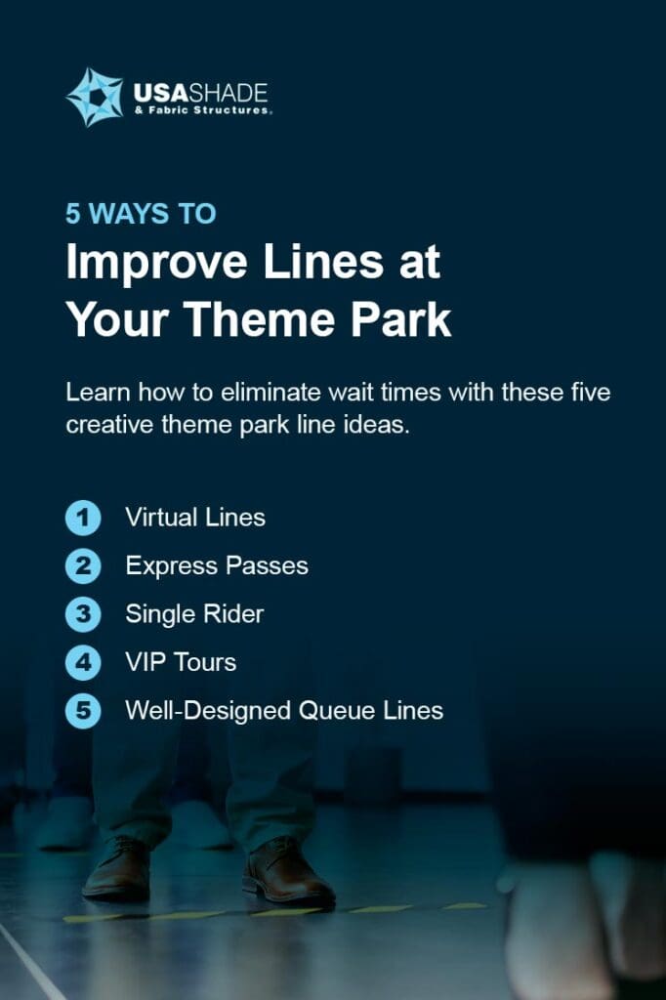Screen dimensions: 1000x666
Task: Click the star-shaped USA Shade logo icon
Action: point(95,97)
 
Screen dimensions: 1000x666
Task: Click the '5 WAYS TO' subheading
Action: point(141,214)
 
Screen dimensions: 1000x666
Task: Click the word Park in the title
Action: point(401,321)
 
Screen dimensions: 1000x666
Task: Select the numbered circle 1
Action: point(83,518)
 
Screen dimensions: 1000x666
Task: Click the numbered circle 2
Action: point(83,566)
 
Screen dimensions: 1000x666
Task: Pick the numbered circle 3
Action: point(83,614)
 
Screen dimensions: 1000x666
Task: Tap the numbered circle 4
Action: point(83,663)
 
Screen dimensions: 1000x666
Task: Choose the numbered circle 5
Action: point(83,712)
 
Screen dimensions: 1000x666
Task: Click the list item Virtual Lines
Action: point(195,518)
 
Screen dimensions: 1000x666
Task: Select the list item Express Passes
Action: point(217,566)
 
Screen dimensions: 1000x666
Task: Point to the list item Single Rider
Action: point(194,614)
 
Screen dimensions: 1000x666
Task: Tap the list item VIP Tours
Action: point(181,663)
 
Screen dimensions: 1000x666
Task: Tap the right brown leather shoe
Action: point(286,874)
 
